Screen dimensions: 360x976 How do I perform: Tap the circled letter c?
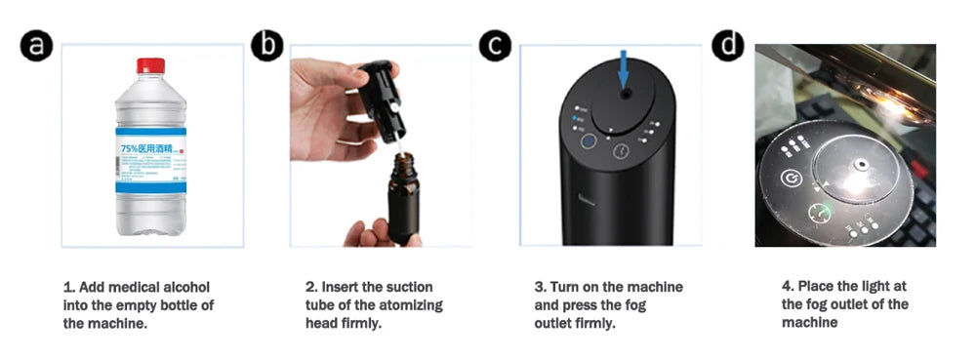tap(495, 45)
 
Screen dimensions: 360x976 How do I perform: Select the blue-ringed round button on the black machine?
tap(590, 142)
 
